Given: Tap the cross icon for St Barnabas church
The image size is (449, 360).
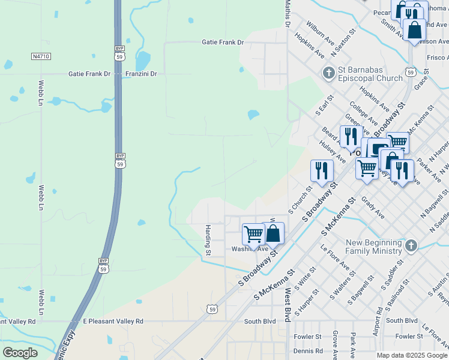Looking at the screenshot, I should [328, 74].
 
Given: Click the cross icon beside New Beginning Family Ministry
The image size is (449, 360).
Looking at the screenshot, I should [411, 245].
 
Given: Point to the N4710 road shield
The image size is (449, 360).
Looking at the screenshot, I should [40, 56].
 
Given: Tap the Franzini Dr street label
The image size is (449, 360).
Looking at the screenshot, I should [141, 74].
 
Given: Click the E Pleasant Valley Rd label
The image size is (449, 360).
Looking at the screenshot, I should [113, 322].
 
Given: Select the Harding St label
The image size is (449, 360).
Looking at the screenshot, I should [208, 238].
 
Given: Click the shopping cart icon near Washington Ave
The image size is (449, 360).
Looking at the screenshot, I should [253, 234].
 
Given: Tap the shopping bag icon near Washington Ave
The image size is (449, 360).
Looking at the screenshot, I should [273, 233].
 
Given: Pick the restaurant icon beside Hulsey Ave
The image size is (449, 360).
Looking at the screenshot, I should [322, 170].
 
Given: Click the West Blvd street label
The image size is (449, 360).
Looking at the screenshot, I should [288, 299].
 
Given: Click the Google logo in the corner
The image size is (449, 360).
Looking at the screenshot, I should [20, 352].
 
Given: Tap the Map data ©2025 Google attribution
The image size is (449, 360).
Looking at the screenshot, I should [412, 355].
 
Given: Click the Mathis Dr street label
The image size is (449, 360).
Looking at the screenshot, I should [288, 13].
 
